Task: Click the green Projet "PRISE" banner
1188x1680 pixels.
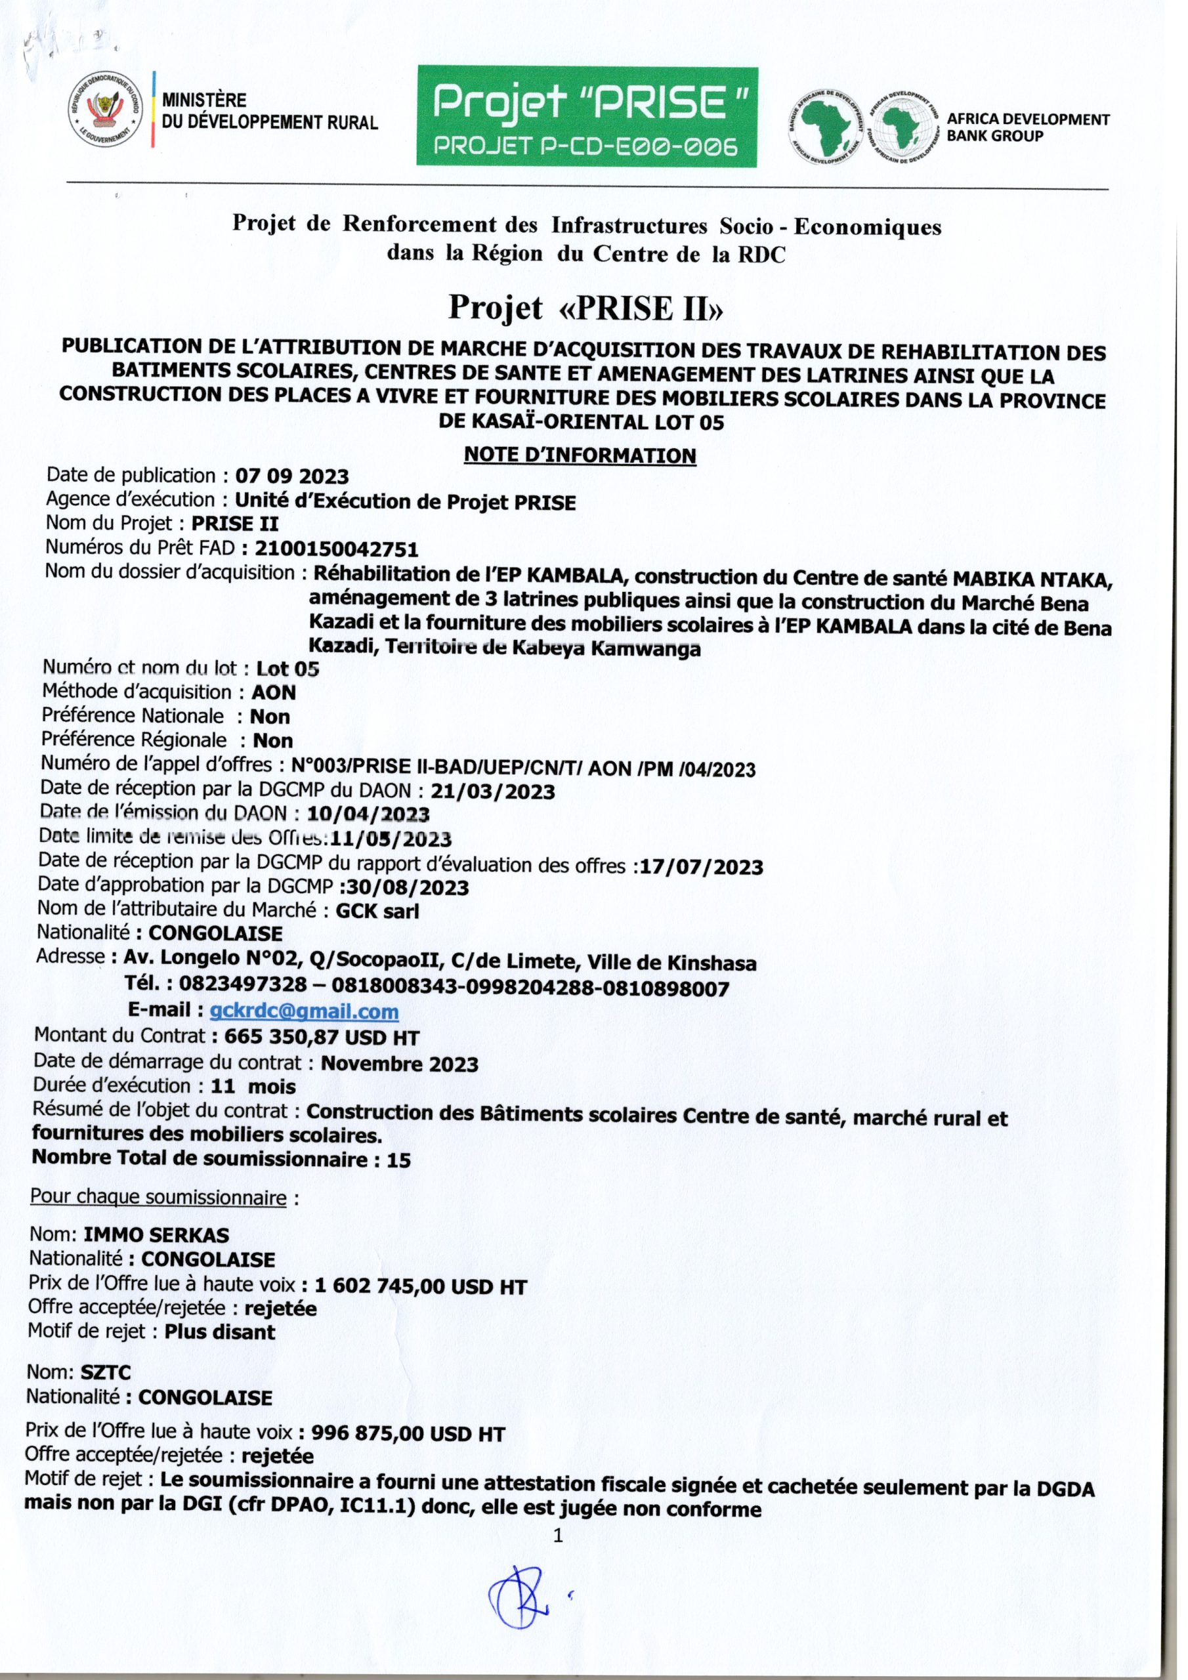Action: pyautogui.click(x=587, y=116)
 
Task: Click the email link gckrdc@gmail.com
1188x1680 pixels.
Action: pyautogui.click(x=304, y=1012)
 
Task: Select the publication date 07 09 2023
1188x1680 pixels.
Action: pyautogui.click(x=292, y=476)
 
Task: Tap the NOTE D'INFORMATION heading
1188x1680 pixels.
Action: pyautogui.click(x=580, y=455)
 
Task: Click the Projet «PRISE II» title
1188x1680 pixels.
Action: pyautogui.click(x=585, y=308)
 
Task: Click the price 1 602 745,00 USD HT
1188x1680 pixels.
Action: pyautogui.click(x=419, y=1286)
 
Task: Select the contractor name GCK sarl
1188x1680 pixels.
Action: pyautogui.click(x=377, y=911)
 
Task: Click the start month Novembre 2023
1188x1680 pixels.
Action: pyautogui.click(x=400, y=1063)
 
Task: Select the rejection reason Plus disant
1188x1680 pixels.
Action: pyautogui.click(x=221, y=1332)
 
